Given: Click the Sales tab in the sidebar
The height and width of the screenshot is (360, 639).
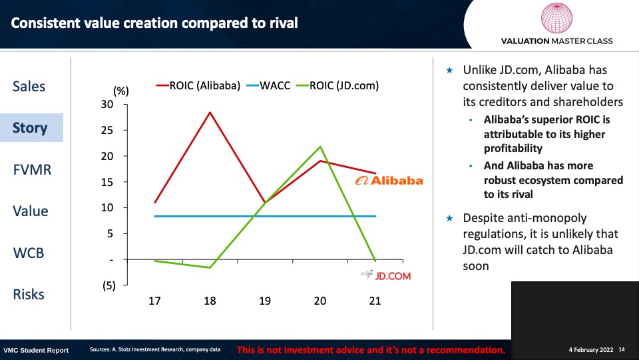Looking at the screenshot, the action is (x=29, y=87).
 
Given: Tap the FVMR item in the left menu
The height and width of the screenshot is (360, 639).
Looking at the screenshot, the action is (x=32, y=169).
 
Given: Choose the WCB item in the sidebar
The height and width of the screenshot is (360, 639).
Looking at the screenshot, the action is (x=29, y=253).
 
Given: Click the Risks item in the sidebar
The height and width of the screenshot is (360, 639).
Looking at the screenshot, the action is (x=29, y=294).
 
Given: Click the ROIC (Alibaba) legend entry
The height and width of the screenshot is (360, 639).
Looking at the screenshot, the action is (x=198, y=86).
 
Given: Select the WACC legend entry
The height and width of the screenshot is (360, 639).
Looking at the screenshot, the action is (x=268, y=86).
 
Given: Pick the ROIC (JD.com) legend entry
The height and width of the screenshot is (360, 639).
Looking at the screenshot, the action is (x=337, y=86).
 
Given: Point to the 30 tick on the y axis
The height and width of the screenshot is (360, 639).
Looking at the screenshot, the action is (x=107, y=105).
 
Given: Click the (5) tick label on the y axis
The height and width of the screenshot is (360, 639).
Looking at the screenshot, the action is (x=108, y=285).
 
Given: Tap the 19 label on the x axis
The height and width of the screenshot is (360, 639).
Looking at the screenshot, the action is (x=265, y=301).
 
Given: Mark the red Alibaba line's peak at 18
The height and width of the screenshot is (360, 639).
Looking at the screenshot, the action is (x=210, y=112).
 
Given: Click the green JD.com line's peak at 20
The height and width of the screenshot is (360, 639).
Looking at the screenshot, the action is (x=320, y=147).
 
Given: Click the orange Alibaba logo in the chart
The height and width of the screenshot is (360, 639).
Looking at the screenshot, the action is (x=389, y=181).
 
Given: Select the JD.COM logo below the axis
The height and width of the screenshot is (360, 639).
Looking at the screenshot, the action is (x=386, y=275).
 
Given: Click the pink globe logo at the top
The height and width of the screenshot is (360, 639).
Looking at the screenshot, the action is (x=556, y=18).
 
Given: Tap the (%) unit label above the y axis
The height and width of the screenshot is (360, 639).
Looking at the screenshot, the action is (x=121, y=91).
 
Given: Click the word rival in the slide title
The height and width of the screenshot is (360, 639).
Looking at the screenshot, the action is (x=284, y=23).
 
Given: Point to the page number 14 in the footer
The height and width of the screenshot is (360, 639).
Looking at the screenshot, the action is (x=622, y=350).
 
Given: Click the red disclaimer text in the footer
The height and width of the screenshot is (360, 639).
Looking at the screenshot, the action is (x=371, y=350).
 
